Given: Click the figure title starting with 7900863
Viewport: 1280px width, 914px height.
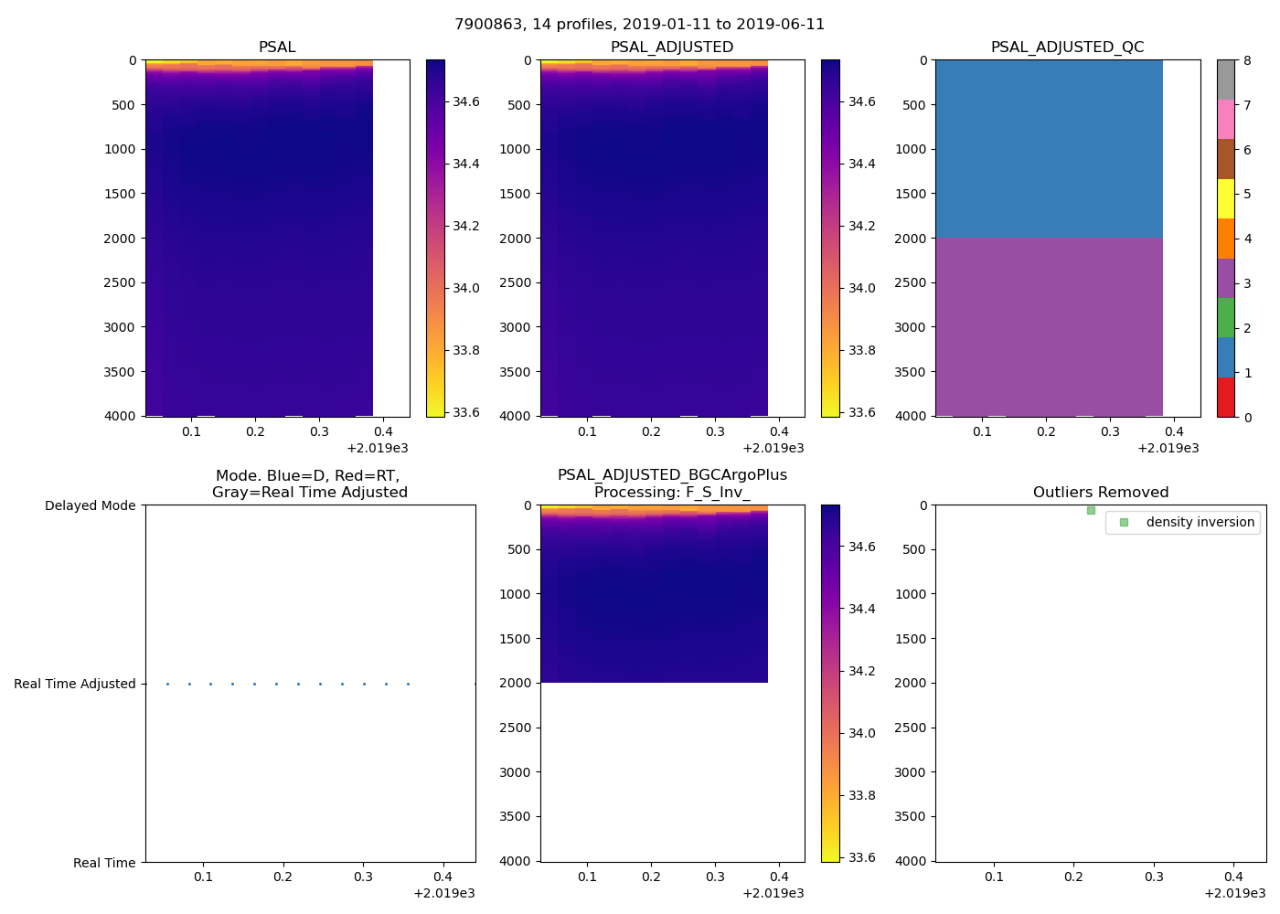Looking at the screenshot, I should (639, 25).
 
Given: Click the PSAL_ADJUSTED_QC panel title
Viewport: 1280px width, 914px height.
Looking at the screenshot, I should (1067, 48).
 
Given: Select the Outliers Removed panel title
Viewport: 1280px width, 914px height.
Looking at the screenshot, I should (1100, 493).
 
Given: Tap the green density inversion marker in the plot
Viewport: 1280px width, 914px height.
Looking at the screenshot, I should (1091, 510).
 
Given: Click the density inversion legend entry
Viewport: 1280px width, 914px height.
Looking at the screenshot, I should (1200, 522).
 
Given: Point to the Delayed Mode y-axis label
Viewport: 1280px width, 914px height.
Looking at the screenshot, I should (90, 505).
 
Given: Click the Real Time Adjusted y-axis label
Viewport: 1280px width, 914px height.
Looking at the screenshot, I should (74, 684).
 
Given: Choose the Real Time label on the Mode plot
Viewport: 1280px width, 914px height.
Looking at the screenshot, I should (104, 863).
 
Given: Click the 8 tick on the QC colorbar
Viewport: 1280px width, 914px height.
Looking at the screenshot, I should (1247, 60).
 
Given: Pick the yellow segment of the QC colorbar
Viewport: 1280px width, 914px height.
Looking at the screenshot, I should (1225, 198).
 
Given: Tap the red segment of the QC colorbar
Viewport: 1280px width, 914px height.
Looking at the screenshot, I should (1225, 398).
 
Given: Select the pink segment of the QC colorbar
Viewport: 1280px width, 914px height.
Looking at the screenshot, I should (1225, 119).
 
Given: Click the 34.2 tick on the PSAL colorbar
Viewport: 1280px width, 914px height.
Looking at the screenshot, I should (466, 226).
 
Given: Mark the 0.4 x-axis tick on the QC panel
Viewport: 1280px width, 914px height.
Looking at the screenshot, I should (1174, 431).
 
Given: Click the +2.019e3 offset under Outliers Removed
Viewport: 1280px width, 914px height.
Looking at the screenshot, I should (1234, 893).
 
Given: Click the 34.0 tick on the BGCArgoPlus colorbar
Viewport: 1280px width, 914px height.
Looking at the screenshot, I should (862, 733).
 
